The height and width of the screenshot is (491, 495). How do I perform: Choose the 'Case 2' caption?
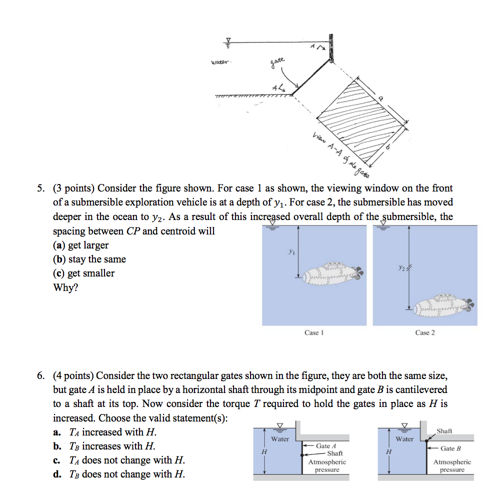click(425, 332)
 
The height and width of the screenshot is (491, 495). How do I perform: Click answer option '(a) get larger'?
click(80, 245)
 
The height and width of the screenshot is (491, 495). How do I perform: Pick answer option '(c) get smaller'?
click(83, 273)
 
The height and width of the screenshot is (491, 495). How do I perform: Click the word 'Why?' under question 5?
click(65, 288)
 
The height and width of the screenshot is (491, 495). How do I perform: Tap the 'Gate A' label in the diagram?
click(325, 445)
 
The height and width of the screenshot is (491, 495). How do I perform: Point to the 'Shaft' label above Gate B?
click(444, 431)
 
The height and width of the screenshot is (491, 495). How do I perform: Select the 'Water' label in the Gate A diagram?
click(279, 439)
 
